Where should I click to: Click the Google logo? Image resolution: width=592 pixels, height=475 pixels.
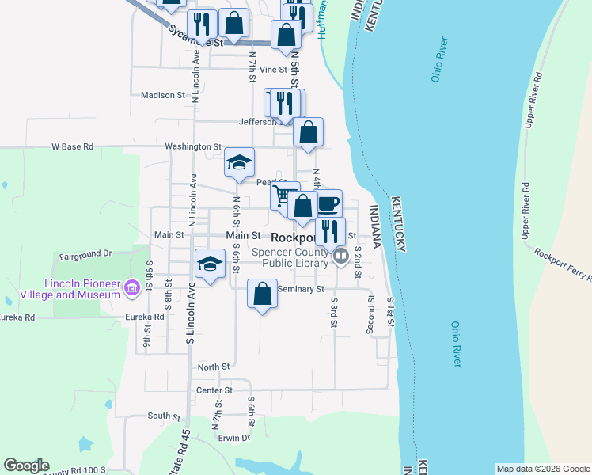(x=26, y=465)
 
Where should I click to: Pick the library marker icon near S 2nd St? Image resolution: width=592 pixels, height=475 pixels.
(x=341, y=256)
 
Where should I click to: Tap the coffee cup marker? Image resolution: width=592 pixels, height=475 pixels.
(x=328, y=204)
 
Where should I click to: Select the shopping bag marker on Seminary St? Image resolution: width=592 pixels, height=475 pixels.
(x=262, y=294)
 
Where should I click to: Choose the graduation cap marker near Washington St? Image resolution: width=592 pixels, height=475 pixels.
(x=239, y=162)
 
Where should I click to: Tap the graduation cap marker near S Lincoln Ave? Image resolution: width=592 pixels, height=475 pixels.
(x=210, y=263)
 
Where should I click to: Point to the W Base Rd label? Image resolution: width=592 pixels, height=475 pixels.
(x=72, y=146)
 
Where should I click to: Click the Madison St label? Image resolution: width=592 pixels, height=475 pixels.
(x=162, y=95)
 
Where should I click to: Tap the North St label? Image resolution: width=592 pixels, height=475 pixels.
(x=214, y=367)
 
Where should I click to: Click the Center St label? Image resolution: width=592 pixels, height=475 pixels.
(x=214, y=389)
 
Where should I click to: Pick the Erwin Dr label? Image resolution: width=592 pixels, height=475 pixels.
(x=235, y=438)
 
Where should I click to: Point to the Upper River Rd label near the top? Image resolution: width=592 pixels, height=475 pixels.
(x=532, y=100)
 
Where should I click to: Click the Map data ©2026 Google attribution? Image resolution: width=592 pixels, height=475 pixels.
(x=543, y=468)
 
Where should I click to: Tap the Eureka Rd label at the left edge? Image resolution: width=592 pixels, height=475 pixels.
(x=18, y=317)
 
